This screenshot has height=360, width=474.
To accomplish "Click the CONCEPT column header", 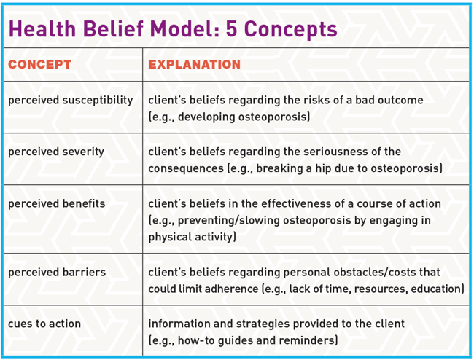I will pyautogui.click(x=39, y=65).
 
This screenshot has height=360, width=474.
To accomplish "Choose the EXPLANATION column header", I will pyautogui.click(x=194, y=65).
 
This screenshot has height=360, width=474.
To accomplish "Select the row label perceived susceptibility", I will pyautogui.click(x=70, y=100).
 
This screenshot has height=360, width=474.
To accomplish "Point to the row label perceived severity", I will pyautogui.click(x=55, y=152).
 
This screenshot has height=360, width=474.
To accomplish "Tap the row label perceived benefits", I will pyautogui.click(x=56, y=203).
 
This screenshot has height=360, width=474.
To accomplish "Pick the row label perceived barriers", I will pyautogui.click(x=56, y=272).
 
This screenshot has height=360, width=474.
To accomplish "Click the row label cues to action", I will pyautogui.click(x=44, y=324).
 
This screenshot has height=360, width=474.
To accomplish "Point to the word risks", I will pyautogui.click(x=309, y=100).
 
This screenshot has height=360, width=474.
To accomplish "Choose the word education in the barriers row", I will pyautogui.click(x=435, y=289).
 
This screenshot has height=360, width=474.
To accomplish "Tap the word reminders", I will pyautogui.click(x=307, y=340).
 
